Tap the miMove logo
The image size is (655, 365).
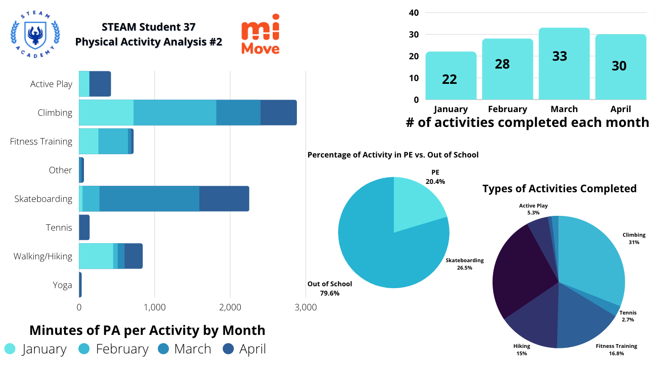(260, 37)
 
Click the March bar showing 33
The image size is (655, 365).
(564, 63)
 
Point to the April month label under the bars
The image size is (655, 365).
(621, 109)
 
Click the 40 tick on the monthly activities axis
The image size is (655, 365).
(414, 13)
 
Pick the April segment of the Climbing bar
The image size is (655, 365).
(278, 113)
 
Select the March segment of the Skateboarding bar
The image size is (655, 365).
(149, 199)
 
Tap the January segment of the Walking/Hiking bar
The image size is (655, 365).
(96, 256)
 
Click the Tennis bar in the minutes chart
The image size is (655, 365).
(84, 227)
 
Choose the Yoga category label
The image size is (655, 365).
(62, 285)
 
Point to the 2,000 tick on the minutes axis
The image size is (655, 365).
(231, 307)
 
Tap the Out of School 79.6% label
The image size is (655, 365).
(329, 288)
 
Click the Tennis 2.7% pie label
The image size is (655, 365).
(628, 316)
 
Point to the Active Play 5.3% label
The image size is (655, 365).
(533, 209)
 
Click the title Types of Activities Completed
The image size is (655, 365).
(559, 189)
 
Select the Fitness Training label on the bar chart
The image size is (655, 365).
(41, 141)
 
